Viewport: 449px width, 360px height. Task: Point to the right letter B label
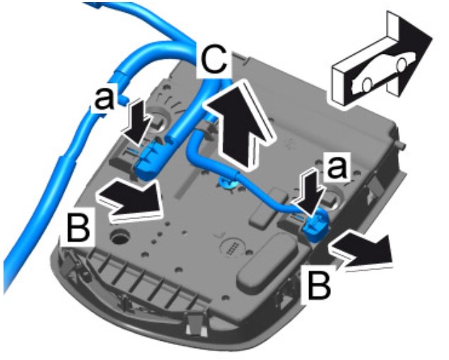pos(320,284)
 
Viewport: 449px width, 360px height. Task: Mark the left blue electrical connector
pos(151,158)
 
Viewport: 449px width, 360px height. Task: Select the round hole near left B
pos(117,233)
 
